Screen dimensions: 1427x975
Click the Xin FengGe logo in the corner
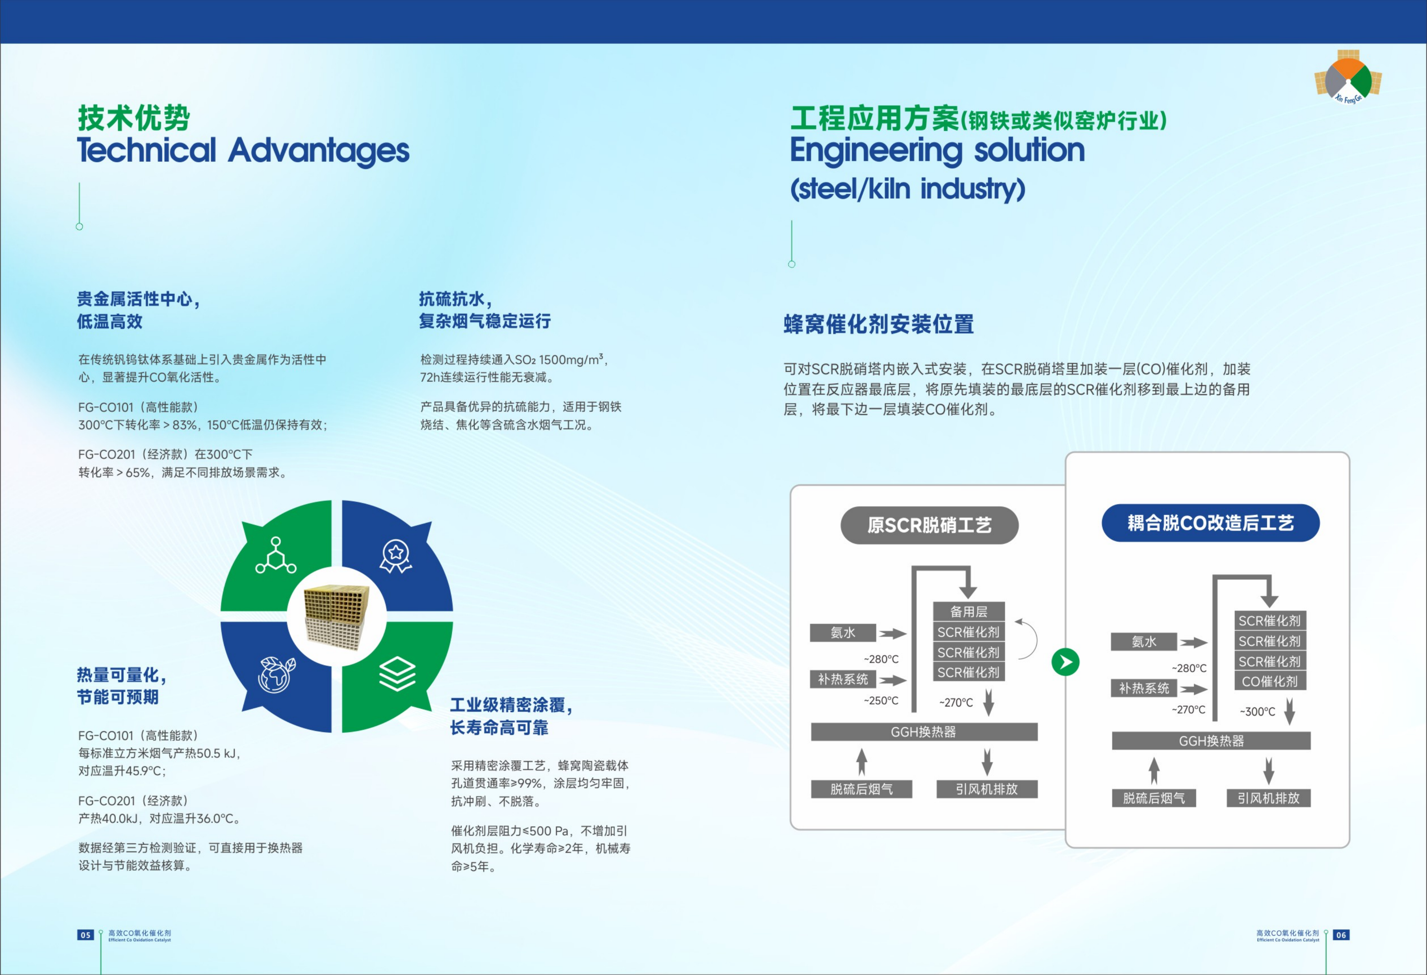(1348, 77)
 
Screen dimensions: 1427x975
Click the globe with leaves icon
(277, 674)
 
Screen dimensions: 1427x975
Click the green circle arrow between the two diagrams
(1065, 662)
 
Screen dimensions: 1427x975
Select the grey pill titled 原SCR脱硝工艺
(929, 525)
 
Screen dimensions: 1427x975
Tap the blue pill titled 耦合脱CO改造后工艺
(1210, 523)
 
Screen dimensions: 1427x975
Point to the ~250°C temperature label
(881, 701)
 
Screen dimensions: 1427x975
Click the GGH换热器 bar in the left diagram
(924, 732)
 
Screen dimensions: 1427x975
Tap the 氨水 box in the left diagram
(842, 632)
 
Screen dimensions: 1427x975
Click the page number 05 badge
(85, 935)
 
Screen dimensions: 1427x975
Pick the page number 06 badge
(1341, 935)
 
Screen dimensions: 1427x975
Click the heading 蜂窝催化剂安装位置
(879, 324)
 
